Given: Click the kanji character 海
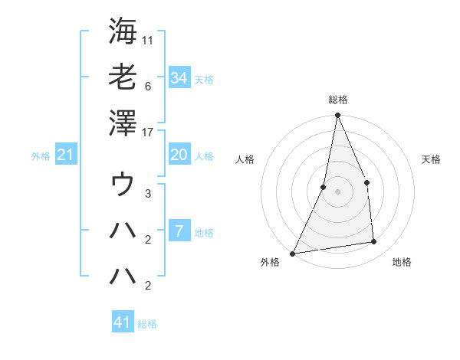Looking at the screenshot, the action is (123, 31).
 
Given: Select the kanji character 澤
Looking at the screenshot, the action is (123, 123).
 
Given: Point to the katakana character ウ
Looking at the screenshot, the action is (123, 185).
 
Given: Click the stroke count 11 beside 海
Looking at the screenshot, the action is (149, 38).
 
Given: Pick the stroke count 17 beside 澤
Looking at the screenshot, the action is (149, 132).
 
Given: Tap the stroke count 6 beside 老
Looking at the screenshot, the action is (149, 86).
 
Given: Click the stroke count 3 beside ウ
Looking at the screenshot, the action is (149, 194).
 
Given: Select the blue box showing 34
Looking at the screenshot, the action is (179, 77).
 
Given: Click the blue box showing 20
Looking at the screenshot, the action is (179, 155).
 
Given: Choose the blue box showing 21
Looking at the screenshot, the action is (66, 155).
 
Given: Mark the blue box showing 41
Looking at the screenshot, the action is (123, 322).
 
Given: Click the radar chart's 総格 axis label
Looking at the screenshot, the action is (337, 100).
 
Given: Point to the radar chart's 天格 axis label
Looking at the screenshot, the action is (431, 159).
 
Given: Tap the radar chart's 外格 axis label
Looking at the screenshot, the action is (270, 262).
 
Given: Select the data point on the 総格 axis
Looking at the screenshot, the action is (337, 116).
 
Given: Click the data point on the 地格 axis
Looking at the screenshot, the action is (374, 242).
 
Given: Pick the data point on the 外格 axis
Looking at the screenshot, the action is (292, 253).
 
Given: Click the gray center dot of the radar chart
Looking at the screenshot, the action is (337, 191).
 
